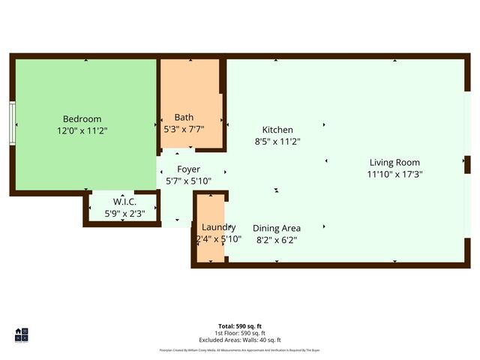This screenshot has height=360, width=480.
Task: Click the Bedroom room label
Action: tap(82, 118)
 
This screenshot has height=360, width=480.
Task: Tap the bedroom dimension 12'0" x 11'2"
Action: tap(82, 130)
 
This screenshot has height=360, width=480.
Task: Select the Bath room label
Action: tap(184, 117)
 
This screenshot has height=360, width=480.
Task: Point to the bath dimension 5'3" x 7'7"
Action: tap(184, 128)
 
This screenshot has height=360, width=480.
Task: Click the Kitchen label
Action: tap(277, 130)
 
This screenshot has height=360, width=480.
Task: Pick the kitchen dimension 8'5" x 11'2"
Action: tap(277, 141)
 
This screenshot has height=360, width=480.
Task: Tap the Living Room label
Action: tap(394, 162)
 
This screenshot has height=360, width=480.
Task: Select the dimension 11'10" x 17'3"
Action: tap(394, 174)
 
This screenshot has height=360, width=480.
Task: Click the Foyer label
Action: tap(188, 169)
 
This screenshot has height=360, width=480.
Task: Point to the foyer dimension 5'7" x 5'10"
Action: tap(188, 181)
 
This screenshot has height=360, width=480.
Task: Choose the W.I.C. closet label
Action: tap(124, 202)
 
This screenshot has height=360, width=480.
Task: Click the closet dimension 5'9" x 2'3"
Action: tap(124, 214)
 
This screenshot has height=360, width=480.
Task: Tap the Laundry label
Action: tap(219, 227)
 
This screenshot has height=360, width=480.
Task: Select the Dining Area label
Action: tap(277, 228)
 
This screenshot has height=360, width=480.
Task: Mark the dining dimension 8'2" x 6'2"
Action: tap(277, 240)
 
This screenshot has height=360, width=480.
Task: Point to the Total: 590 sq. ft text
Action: tap(240, 326)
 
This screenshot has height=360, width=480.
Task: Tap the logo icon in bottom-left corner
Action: tap(21, 334)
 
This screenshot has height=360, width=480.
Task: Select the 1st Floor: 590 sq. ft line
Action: tap(240, 332)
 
